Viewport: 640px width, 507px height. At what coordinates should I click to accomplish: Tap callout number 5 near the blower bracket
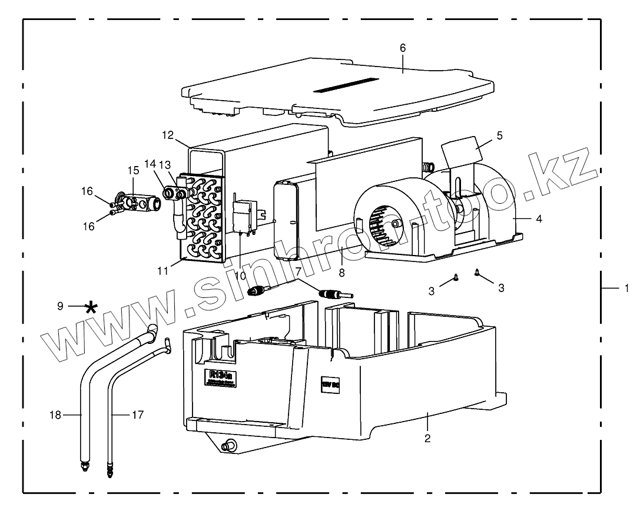(499, 135)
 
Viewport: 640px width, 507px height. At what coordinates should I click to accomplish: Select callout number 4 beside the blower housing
(538, 218)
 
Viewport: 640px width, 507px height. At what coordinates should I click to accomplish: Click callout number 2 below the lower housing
(427, 438)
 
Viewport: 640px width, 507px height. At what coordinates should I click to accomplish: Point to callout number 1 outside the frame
(626, 289)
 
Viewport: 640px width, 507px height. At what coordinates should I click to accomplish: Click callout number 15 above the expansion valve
(132, 171)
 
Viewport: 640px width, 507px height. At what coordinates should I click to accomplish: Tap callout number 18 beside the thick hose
(54, 415)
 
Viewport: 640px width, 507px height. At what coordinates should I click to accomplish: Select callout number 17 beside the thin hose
(137, 415)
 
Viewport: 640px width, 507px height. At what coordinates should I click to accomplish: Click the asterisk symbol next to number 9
(91, 307)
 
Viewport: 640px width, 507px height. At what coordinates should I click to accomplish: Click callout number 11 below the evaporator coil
(163, 271)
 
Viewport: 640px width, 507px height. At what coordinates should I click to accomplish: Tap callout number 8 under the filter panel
(341, 273)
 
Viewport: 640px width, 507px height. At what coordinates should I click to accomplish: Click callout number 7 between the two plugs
(299, 272)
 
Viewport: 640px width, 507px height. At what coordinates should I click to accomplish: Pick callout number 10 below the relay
(241, 276)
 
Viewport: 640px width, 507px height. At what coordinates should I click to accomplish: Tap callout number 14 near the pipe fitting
(150, 163)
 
